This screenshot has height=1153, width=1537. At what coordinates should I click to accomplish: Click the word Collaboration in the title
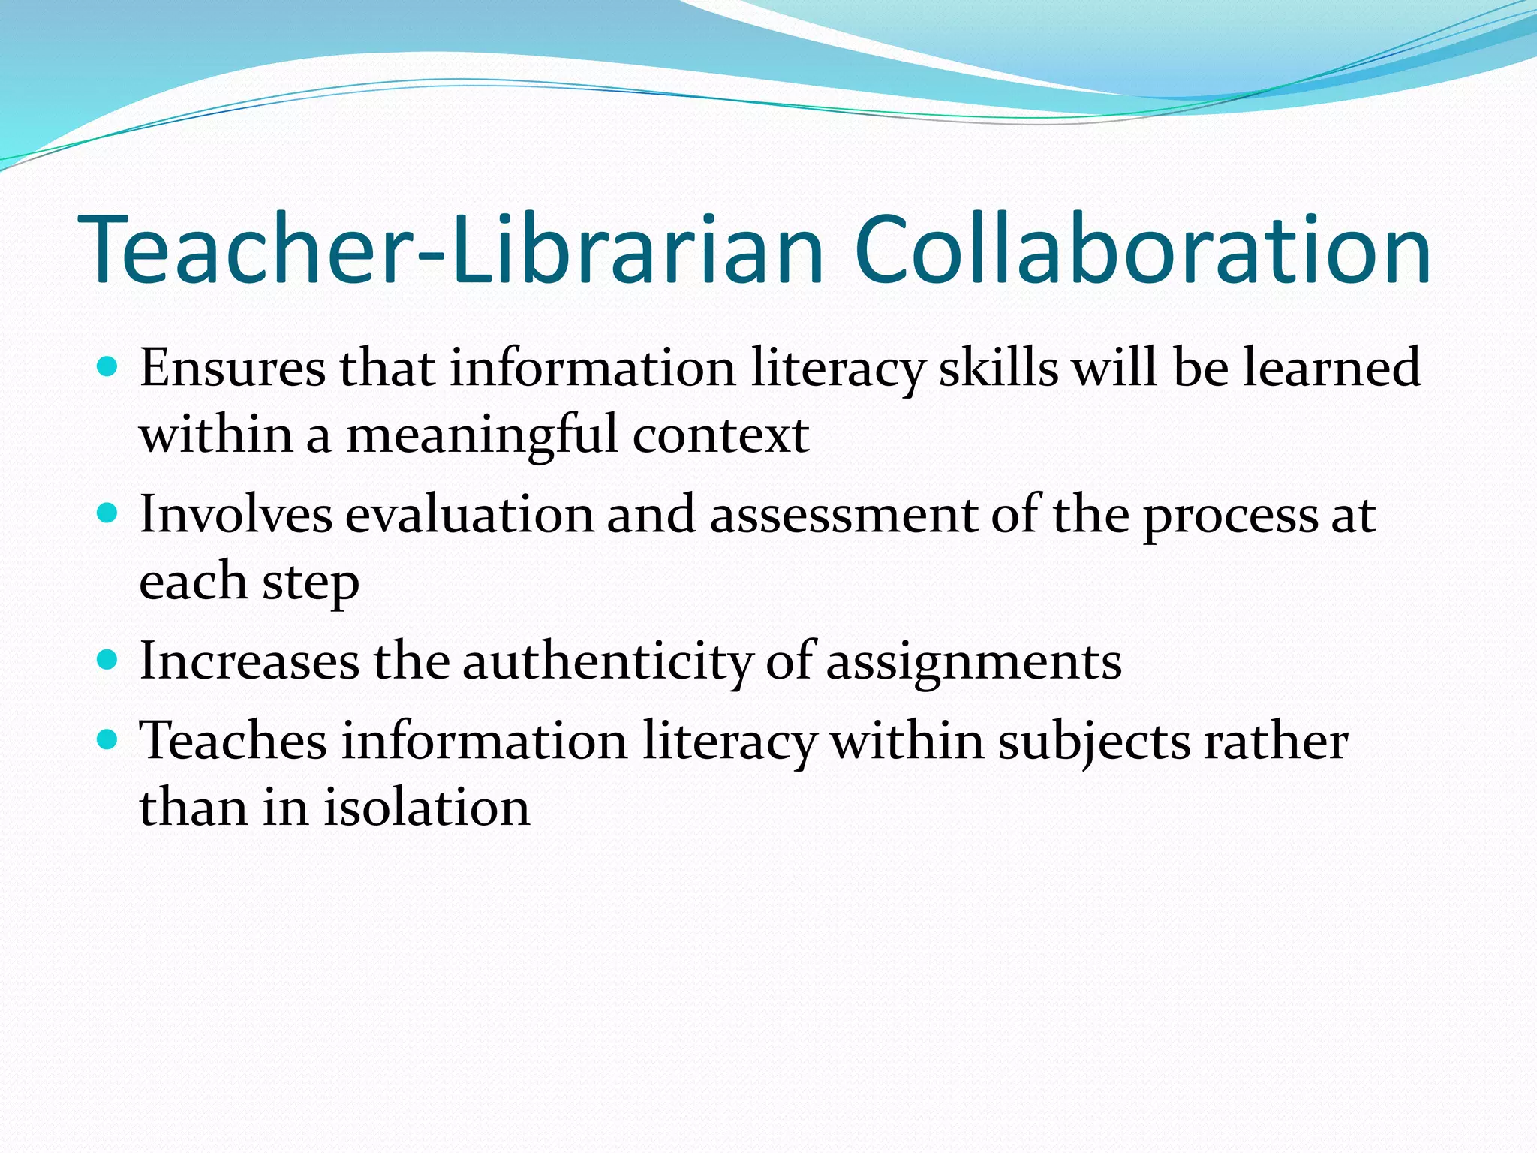pyautogui.click(x=1142, y=249)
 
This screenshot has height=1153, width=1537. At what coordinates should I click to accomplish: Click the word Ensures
pyautogui.click(x=233, y=368)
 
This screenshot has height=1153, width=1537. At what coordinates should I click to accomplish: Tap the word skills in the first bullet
pyautogui.click(x=998, y=368)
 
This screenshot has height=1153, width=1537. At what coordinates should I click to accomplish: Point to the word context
pyautogui.click(x=720, y=435)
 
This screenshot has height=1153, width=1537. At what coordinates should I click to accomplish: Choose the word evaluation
pyautogui.click(x=469, y=515)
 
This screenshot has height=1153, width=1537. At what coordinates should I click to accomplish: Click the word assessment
pyautogui.click(x=844, y=515)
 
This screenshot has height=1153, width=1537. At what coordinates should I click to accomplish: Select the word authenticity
pyautogui.click(x=607, y=662)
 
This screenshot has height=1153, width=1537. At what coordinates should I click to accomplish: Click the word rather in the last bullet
pyautogui.click(x=1276, y=742)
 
